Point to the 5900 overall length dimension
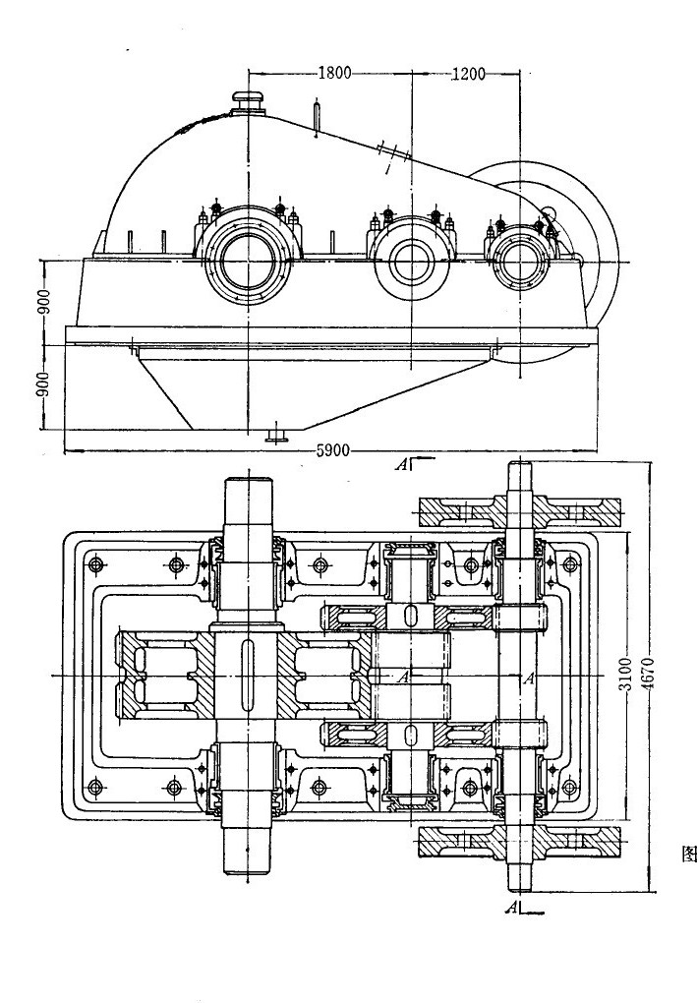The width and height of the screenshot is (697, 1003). click(332, 451)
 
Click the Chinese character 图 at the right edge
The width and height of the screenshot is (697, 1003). click(688, 853)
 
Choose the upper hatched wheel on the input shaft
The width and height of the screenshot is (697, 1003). click(519, 511)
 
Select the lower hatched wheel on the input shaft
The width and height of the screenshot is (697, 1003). click(519, 841)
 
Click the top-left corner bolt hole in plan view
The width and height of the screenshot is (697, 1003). click(94, 565)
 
